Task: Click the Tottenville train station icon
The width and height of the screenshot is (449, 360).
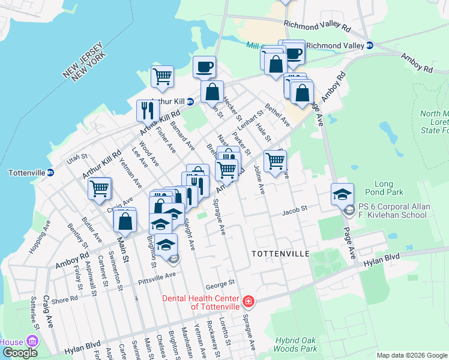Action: [x=50, y=172]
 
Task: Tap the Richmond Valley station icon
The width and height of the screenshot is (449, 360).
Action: [x=370, y=46]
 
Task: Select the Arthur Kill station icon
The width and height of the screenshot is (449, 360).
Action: [x=190, y=101]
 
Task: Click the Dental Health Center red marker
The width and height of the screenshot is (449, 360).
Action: [x=248, y=301]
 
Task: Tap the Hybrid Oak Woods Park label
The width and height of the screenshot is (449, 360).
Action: [x=296, y=344]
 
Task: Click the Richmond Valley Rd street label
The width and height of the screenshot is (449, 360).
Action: [x=318, y=26]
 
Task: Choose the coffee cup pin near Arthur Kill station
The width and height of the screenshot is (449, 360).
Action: [x=204, y=66]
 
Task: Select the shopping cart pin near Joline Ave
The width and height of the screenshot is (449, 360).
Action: [x=275, y=160]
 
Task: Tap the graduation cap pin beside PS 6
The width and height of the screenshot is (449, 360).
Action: [x=342, y=193]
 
